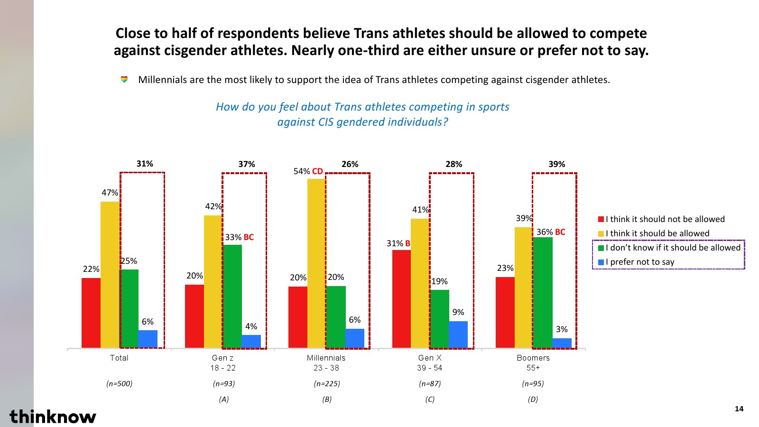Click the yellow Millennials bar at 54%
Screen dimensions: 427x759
[316, 263]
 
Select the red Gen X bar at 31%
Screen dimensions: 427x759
[401, 299]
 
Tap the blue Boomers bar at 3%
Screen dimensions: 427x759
[562, 343]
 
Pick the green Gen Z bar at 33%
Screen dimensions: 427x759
[232, 296]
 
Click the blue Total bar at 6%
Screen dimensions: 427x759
[148, 339]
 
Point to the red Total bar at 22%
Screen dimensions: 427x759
[91, 313]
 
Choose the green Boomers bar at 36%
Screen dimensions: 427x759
[543, 292]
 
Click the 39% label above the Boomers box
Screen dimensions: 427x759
[556, 164]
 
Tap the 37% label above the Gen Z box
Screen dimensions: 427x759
[246, 164]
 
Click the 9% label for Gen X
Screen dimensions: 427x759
[458, 312]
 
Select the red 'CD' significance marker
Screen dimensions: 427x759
[317, 171]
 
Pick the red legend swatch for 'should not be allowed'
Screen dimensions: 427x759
[601, 219]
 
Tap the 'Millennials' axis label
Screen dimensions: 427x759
[326, 358]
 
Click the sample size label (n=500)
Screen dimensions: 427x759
[119, 383]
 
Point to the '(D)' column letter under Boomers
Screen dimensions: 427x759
[533, 399]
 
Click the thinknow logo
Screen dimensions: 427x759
[53, 416]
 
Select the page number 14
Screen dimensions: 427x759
[739, 409]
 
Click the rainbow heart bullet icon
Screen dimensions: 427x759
[124, 79]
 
